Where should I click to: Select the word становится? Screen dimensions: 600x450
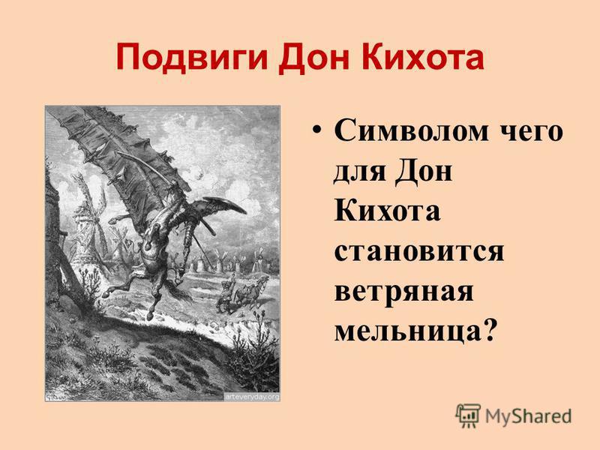tap(418, 251)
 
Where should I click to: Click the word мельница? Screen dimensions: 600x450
tap(407, 331)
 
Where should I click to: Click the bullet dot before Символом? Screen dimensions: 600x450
tap(316, 130)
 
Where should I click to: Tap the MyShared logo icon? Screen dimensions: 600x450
tap(467, 415)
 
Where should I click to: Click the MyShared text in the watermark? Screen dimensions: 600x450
tap(528, 416)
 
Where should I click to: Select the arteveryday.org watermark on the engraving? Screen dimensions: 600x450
tap(252, 397)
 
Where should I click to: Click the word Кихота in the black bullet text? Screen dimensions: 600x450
tap(387, 211)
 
